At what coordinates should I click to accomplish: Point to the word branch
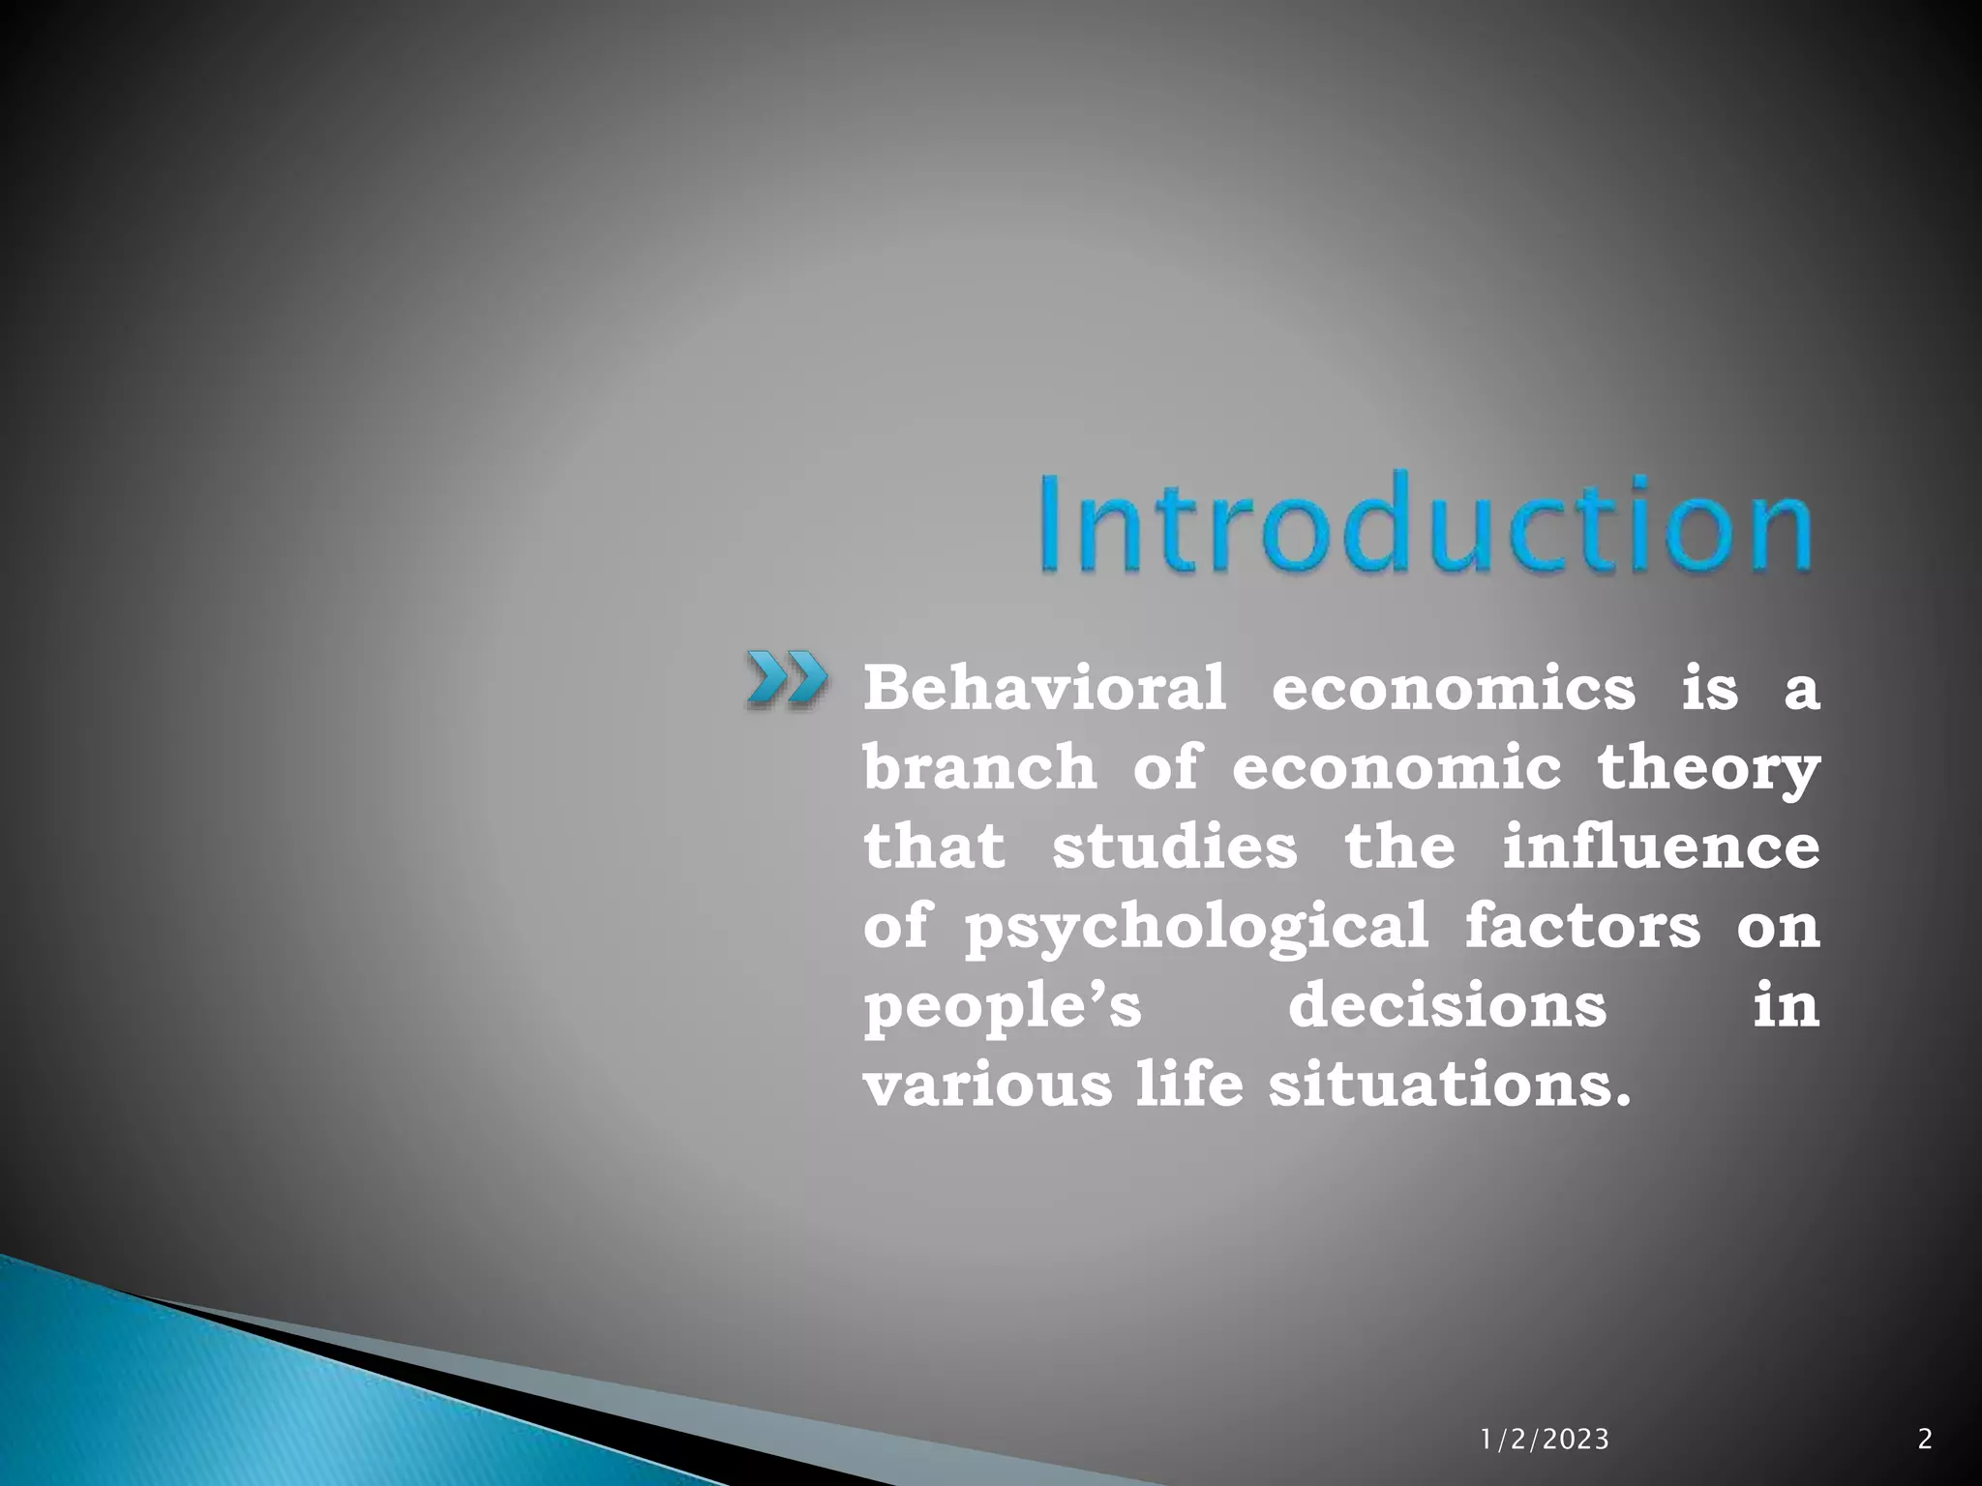pos(979,767)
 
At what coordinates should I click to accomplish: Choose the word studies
pos(1174,847)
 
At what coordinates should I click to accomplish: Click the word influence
pos(1661,847)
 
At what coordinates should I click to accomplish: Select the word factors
pos(1582,926)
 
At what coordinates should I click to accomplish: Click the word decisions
pos(1447,1005)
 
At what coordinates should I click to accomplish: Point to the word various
pos(987,1085)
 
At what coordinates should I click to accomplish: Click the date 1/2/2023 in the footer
pos(1545,1441)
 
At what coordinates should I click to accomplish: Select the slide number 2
pos(1925,1440)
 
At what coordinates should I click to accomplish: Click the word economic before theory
pos(1396,767)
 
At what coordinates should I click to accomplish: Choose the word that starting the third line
pos(934,847)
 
